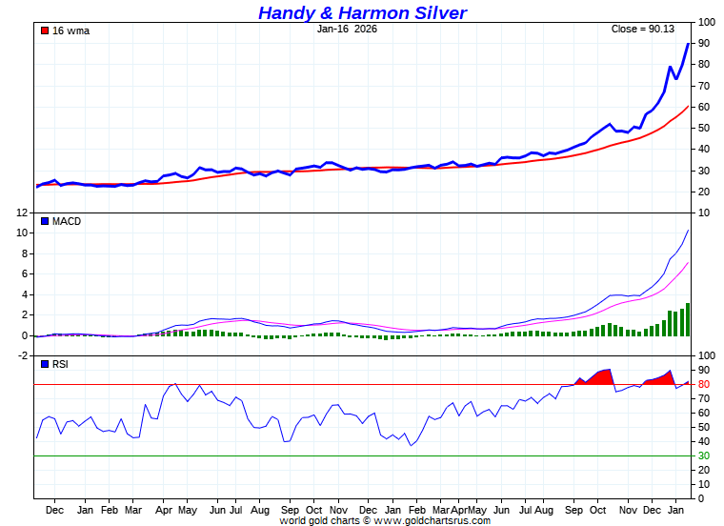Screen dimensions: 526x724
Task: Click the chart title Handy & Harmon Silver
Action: pos(362,12)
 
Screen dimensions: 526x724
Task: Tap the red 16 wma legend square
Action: pos(44,30)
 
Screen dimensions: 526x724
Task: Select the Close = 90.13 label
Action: pos(643,29)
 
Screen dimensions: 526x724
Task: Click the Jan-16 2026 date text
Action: pos(347,29)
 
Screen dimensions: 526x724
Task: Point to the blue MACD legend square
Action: pos(44,221)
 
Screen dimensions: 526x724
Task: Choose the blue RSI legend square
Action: pos(44,364)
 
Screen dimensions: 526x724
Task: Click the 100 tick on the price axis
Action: pos(707,22)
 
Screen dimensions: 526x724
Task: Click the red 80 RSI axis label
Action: pos(703,385)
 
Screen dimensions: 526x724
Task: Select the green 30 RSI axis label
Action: pos(703,456)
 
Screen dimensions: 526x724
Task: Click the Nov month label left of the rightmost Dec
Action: pos(628,510)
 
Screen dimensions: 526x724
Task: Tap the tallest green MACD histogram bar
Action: pos(688,319)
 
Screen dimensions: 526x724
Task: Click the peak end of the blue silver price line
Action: pos(688,44)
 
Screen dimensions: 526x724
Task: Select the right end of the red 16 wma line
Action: pos(688,106)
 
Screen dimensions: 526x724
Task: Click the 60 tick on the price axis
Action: pos(703,107)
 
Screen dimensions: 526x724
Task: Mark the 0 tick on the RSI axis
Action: pos(700,498)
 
